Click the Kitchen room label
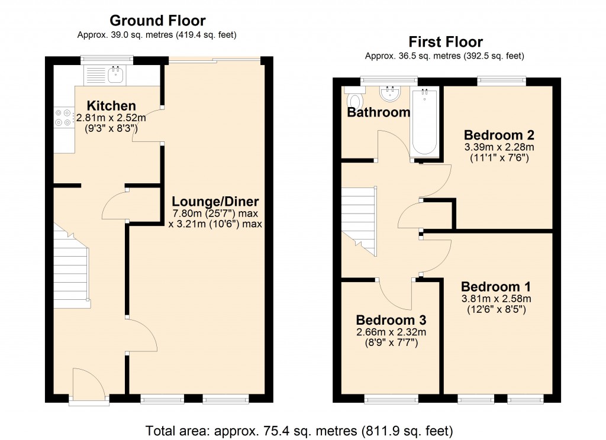coord(111,106)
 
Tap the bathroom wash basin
coord(391,93)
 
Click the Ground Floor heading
coord(157,21)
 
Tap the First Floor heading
coord(445,42)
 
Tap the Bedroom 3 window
coord(390,400)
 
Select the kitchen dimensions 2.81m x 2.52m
coord(111,118)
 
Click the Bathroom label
coord(378,112)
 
